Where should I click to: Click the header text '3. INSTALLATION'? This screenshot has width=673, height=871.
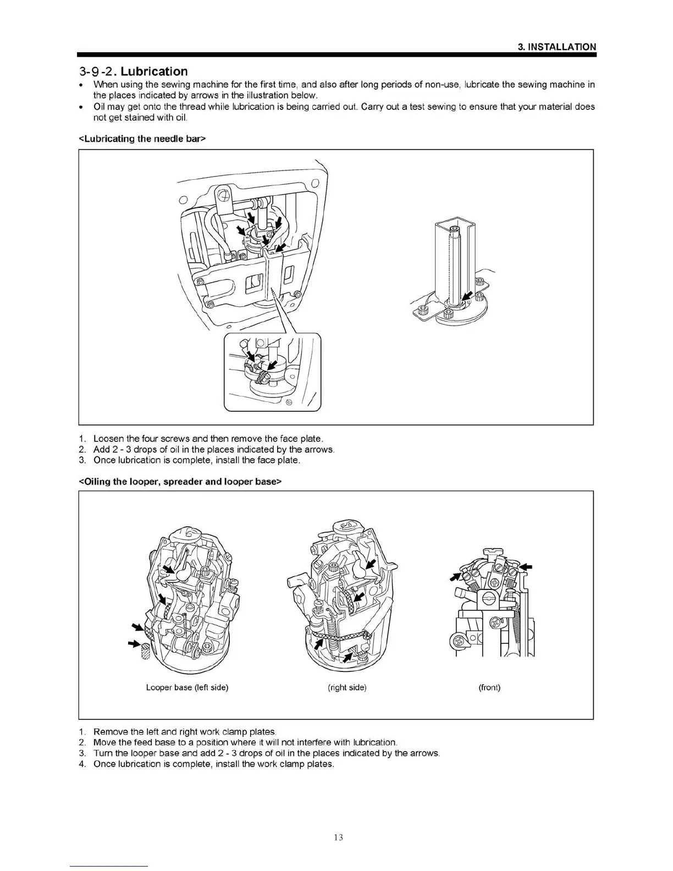tap(557, 47)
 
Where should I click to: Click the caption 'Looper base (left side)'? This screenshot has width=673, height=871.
tap(187, 687)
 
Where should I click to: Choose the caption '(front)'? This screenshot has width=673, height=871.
tap(489, 687)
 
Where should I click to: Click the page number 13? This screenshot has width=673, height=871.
tap(338, 837)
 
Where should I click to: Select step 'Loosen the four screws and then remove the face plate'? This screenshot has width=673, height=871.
tap(208, 439)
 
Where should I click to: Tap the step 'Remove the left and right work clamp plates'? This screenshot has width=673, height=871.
tap(185, 732)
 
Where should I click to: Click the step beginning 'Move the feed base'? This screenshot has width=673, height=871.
tap(245, 742)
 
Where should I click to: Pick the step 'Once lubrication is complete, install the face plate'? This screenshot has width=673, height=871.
tap(197, 460)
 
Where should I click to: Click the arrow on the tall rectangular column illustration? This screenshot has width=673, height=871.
tap(467, 297)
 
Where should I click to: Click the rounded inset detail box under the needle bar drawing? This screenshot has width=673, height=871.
tap(272, 372)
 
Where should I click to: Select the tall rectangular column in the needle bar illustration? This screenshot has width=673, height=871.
tap(454, 258)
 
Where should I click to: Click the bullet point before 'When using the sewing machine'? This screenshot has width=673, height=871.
tap(81, 85)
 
